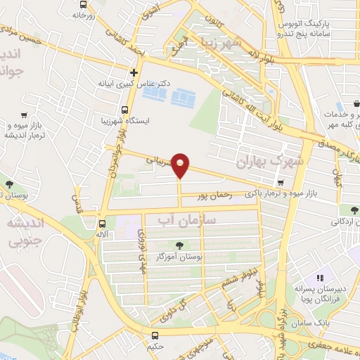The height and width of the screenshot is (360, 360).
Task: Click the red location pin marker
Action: (x=181, y=164)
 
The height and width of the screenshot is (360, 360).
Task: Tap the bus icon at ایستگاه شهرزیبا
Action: (x=124, y=110)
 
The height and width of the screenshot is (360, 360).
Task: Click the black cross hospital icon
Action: (x=134, y=72)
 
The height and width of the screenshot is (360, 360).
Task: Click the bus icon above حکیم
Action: (x=155, y=335)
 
